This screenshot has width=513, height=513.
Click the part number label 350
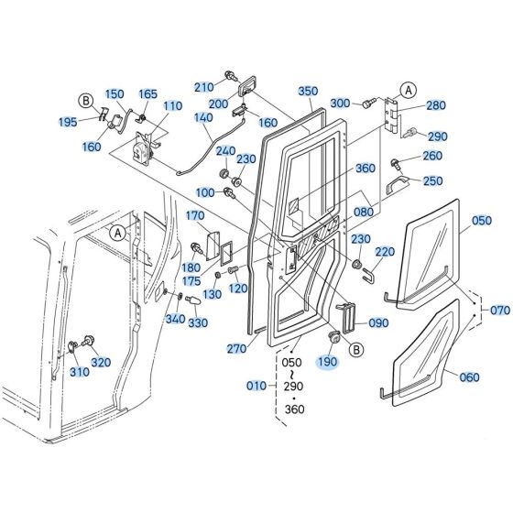click(308, 91)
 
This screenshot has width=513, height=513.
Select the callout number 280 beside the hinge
click(435, 106)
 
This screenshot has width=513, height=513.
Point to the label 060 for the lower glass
click(468, 377)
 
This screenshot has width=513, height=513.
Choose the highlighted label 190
click(326, 362)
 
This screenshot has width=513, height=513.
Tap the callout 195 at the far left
click(68, 122)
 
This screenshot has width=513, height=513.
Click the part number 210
click(203, 87)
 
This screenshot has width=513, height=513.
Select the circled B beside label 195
click(86, 100)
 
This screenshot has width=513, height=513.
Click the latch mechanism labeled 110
click(141, 148)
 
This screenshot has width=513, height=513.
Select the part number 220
click(385, 252)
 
